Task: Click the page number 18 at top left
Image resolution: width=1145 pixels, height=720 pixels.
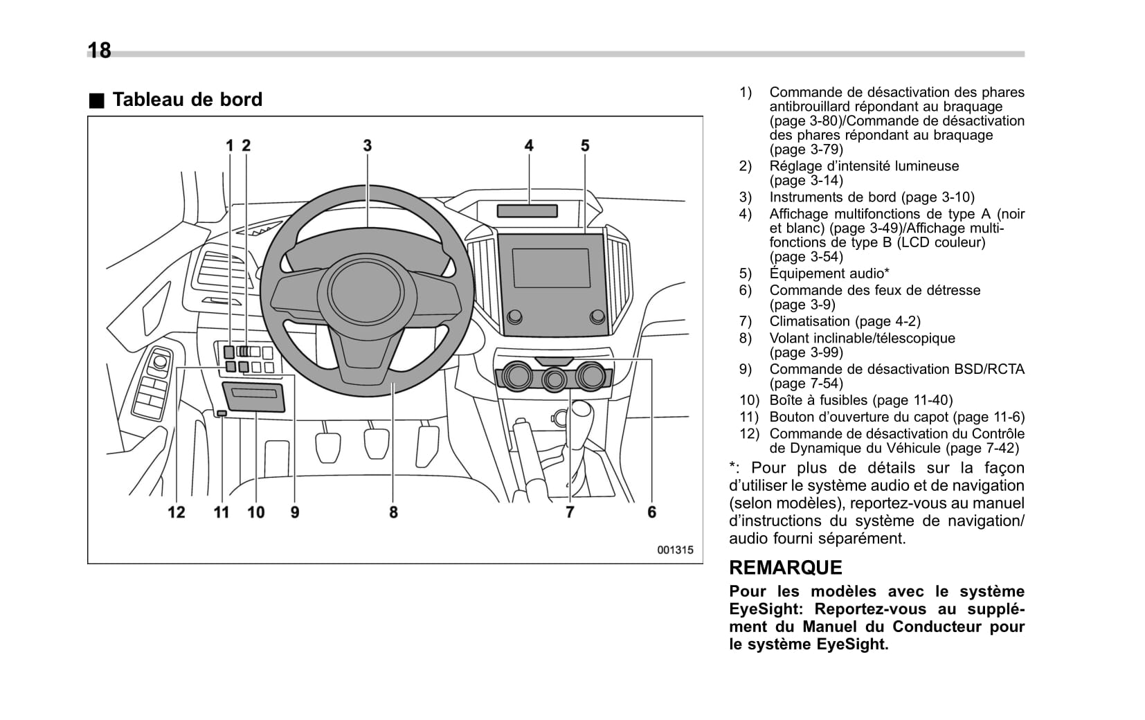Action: click(100, 51)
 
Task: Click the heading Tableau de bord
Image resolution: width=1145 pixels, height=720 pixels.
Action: click(187, 100)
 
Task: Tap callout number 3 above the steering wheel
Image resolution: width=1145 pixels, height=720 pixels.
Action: click(367, 145)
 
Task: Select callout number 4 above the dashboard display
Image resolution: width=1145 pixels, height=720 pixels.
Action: click(529, 145)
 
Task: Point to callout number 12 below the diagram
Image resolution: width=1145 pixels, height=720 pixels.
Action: click(177, 512)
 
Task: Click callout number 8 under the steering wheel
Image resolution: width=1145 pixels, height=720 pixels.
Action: click(393, 512)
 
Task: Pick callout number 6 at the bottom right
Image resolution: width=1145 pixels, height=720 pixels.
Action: click(651, 512)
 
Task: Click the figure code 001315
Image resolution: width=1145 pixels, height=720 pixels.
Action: click(675, 550)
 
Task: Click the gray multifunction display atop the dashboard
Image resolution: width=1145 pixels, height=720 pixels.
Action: click(529, 211)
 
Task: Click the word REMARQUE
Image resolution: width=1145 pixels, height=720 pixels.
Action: click(786, 568)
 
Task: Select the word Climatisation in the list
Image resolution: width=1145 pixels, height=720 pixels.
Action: click(810, 321)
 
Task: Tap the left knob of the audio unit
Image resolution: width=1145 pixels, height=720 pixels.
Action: click(514, 317)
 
